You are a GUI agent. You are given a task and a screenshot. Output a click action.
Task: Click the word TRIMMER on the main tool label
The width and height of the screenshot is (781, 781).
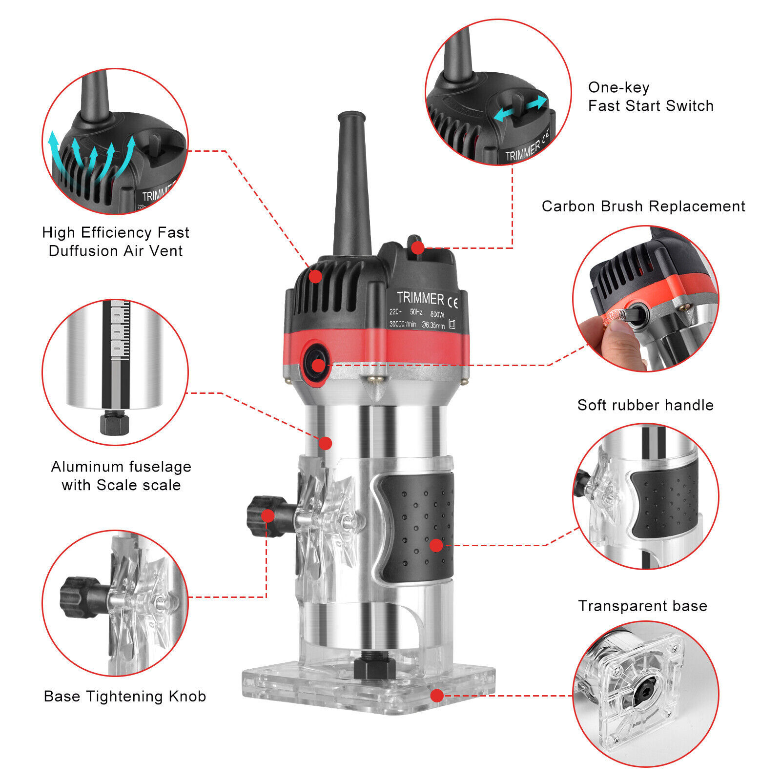[420, 298]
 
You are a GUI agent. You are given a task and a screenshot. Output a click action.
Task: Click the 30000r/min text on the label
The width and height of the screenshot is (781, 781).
[403, 324]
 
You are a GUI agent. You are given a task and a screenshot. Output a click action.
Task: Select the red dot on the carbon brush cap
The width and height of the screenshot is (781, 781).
[318, 365]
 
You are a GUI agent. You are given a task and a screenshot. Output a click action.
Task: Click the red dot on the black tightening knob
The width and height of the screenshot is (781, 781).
[267, 515]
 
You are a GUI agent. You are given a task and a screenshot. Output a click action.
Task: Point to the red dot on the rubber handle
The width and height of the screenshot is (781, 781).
[436, 545]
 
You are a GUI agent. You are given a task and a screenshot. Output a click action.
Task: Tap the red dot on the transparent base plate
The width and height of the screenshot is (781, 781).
[437, 696]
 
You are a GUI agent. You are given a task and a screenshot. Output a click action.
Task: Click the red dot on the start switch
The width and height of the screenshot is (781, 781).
[417, 248]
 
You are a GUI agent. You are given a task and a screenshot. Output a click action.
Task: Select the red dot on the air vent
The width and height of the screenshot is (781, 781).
[316, 276]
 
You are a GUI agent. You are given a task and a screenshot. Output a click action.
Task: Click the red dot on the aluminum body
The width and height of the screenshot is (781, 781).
[326, 443]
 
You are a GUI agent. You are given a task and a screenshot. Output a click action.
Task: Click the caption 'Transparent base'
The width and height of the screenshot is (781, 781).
[642, 606]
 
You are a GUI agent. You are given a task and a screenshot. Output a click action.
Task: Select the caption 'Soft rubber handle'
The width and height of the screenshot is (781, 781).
[645, 405]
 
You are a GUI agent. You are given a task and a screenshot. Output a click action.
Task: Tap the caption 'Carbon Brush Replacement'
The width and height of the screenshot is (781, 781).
[643, 206]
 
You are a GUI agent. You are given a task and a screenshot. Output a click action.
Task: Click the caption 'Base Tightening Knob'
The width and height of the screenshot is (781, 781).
[124, 696]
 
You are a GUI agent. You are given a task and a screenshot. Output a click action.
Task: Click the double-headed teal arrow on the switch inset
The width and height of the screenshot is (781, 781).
[520, 108]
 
